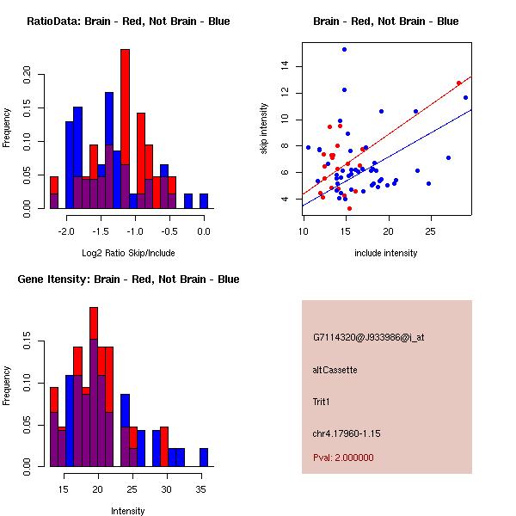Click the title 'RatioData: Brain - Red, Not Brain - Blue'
tap(128, 21)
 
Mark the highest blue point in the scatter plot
tap(344, 50)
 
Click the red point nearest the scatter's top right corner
tap(458, 83)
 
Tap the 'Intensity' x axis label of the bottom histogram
tap(127, 510)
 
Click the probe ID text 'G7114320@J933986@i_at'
tap(368, 337)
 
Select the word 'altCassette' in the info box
tap(335, 370)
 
